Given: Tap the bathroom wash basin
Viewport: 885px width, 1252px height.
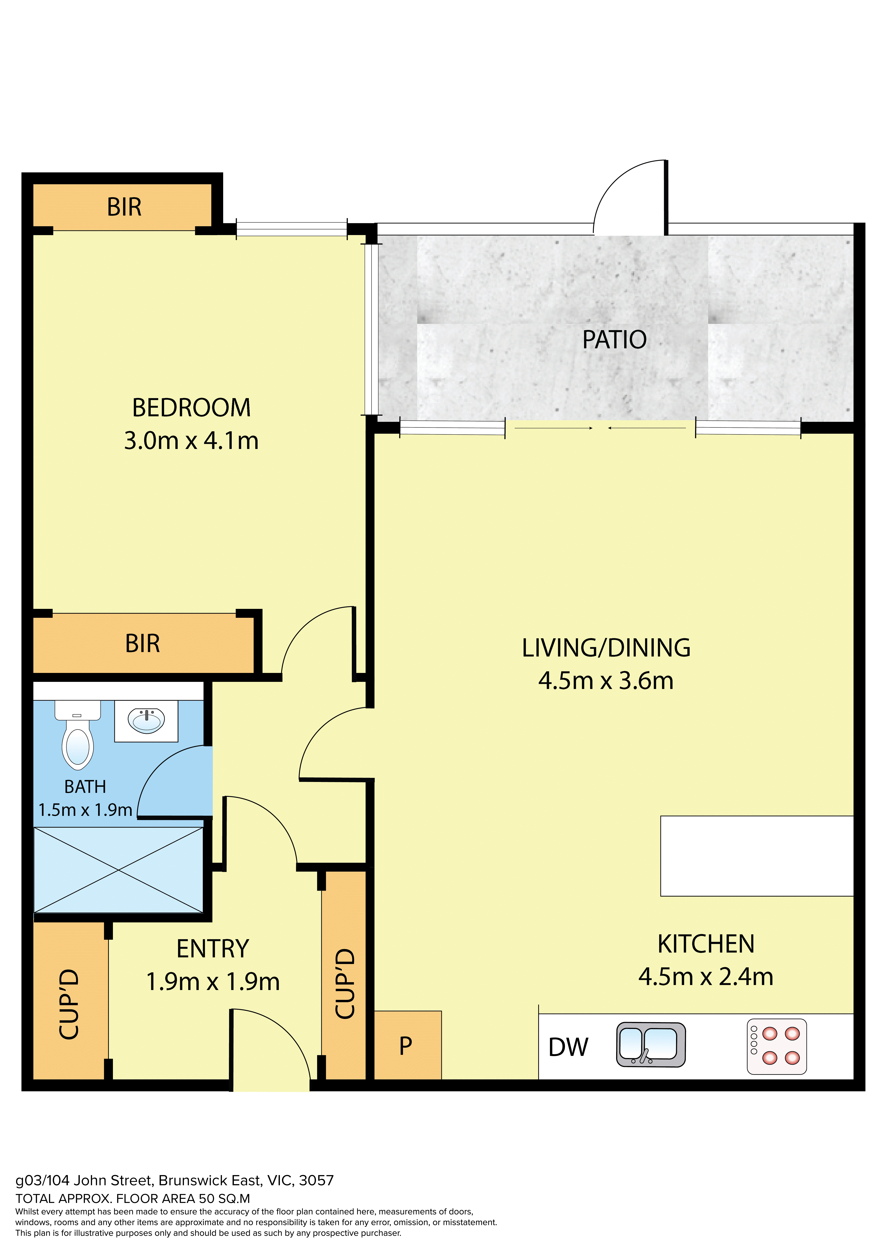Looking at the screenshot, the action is coord(146,721).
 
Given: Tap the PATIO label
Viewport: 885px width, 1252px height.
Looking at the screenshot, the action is coord(615,340).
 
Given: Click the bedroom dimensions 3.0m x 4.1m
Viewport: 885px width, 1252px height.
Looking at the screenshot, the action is coord(191,441).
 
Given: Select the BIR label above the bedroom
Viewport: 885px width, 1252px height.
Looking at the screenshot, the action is coord(124,207).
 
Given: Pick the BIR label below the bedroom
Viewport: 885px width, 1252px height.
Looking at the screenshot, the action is coord(143,643).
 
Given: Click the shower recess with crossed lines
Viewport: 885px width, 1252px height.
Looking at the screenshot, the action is coord(118,870).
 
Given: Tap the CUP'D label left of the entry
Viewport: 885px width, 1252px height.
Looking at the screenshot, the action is coord(69,1004).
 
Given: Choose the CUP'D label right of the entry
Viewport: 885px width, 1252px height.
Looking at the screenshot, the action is coord(345,983).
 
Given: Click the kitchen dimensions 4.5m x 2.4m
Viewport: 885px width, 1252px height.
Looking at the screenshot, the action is coord(706,977).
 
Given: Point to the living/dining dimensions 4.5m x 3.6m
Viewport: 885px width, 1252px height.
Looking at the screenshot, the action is coord(606,681).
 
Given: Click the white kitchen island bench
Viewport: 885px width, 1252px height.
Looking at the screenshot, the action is coord(757,855).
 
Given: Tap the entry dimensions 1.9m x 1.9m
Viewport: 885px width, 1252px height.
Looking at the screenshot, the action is coord(213,981).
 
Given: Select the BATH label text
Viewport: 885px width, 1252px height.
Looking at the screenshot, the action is coord(85,787).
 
